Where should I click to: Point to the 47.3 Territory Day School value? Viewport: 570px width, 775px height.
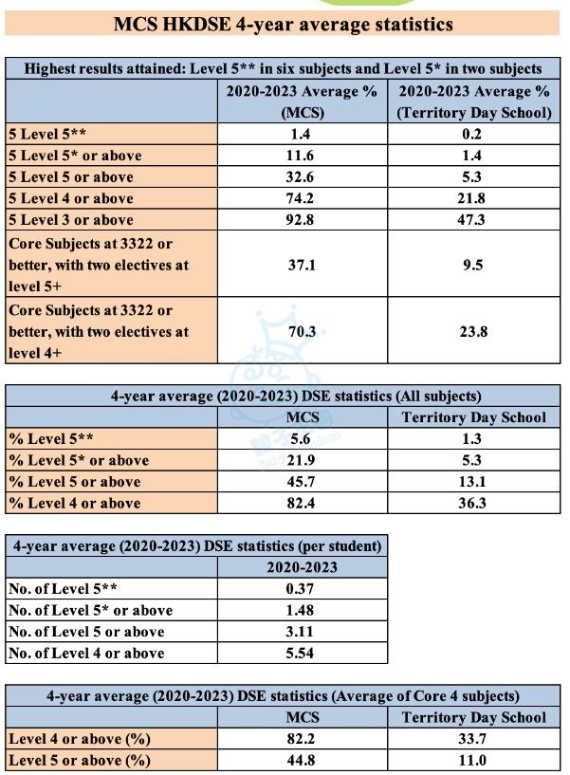click(473, 220)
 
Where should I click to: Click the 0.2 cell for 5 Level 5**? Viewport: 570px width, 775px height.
click(473, 133)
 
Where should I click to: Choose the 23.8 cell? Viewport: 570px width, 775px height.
click(473, 331)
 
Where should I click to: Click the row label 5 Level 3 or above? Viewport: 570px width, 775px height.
click(71, 220)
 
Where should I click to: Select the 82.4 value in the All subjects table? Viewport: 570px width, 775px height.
click(302, 503)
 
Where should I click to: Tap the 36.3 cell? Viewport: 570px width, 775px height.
click(473, 503)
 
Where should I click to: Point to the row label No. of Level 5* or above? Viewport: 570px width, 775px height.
click(90, 610)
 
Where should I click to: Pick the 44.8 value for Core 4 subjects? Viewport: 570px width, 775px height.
click(302, 760)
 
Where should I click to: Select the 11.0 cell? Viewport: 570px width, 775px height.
click(473, 760)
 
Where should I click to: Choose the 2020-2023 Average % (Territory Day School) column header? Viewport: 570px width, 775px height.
click(473, 101)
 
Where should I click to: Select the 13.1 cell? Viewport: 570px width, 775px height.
click(473, 482)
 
